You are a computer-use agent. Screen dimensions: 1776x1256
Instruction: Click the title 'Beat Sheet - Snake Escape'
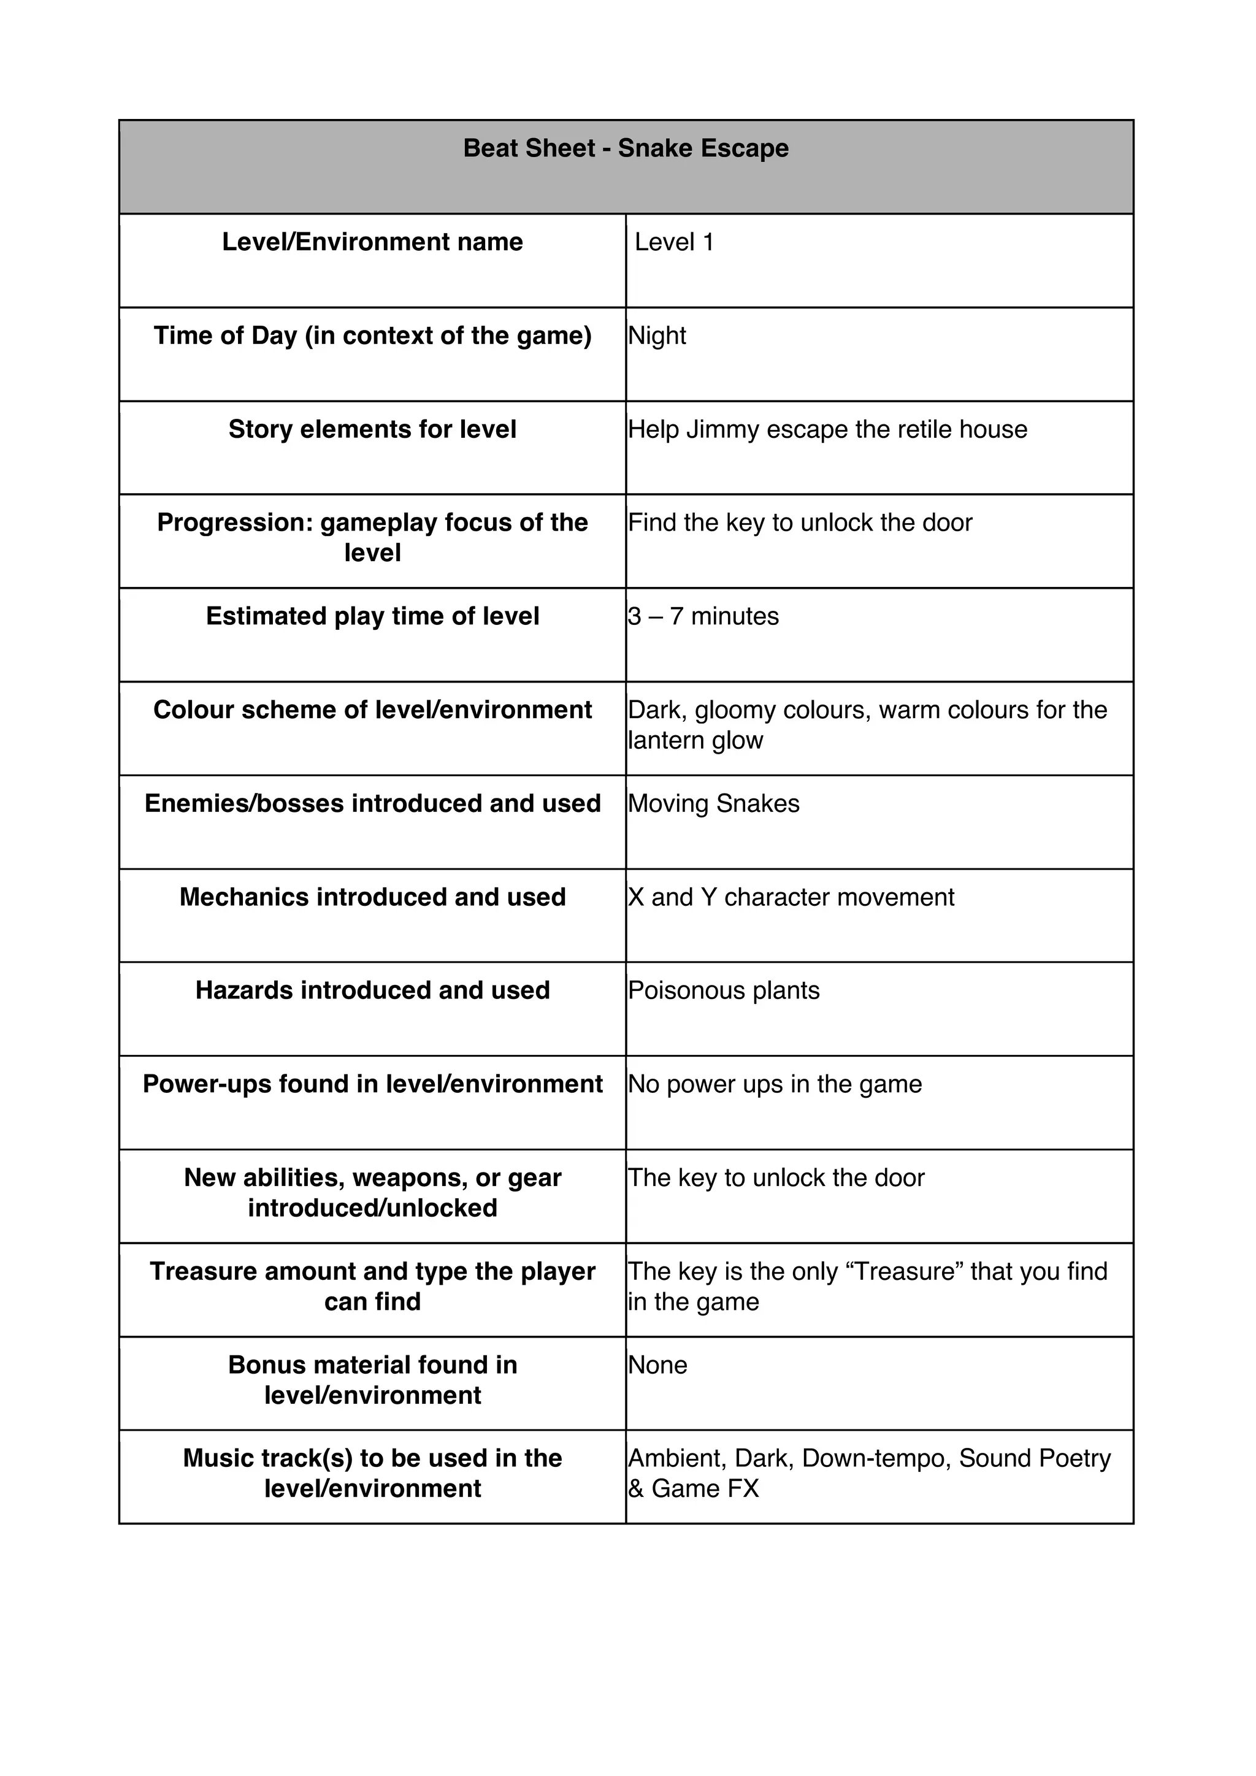tap(626, 148)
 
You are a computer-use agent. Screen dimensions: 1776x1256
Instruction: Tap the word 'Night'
tap(657, 335)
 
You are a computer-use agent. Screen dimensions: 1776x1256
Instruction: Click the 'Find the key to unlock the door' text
tap(800, 523)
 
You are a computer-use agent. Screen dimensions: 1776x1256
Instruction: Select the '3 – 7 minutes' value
tap(703, 616)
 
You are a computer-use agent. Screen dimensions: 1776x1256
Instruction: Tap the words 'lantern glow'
tap(695, 740)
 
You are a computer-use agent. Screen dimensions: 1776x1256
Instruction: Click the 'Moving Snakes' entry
tap(713, 804)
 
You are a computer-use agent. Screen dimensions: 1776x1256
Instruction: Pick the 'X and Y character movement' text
tap(791, 897)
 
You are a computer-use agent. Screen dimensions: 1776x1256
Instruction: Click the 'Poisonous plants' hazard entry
tap(723, 991)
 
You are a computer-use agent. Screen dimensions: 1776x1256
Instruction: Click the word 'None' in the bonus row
tap(657, 1365)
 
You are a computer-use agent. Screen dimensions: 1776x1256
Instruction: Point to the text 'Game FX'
tap(705, 1489)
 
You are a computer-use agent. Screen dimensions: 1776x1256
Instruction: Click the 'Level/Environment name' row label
tap(372, 242)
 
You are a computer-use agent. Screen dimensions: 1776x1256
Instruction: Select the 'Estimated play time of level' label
tap(372, 616)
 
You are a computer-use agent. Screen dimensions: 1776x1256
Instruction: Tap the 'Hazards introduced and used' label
tap(372, 991)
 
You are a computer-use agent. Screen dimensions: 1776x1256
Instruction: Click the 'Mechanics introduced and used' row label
tap(372, 897)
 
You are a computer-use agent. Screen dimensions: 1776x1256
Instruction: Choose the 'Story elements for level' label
tap(372, 429)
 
